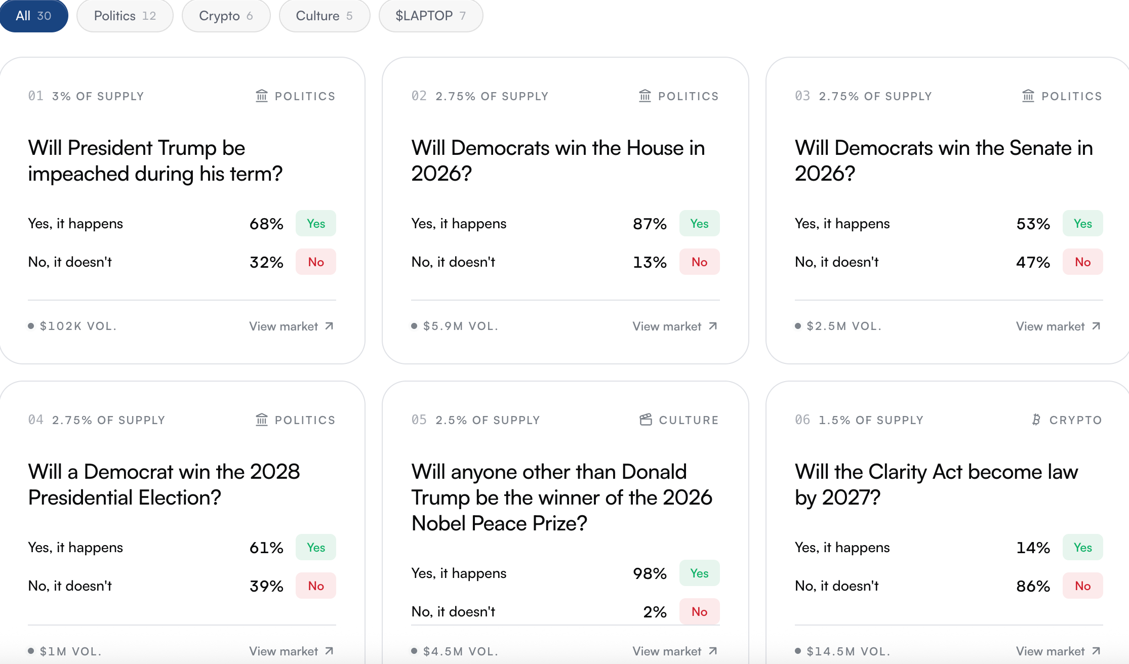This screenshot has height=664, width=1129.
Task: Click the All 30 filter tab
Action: pos(33,16)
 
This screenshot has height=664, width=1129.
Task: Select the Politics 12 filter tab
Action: pos(125,16)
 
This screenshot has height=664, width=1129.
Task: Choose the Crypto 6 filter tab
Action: pos(226,16)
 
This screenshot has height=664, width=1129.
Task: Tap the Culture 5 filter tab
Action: pos(325,16)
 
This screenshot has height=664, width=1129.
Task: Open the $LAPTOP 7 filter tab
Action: pos(431,16)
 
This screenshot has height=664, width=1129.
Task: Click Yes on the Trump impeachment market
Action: pos(316,223)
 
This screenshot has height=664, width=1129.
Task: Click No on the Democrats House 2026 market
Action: pos(699,262)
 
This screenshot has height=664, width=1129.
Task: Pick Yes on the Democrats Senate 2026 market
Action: pos(1082,223)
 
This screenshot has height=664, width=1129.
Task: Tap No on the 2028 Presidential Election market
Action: pos(316,586)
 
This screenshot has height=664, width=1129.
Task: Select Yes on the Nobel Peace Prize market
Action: pos(699,573)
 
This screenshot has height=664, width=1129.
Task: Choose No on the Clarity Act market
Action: pos(1082,586)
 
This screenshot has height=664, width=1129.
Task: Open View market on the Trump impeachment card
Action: pos(291,326)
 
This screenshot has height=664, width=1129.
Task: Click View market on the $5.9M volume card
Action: pos(675,326)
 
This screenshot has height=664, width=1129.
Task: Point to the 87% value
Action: pos(650,224)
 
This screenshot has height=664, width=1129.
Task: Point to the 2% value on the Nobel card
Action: pos(655,612)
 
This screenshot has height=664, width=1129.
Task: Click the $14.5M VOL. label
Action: pos(848,651)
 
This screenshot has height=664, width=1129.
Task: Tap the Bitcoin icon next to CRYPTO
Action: pos(1036,420)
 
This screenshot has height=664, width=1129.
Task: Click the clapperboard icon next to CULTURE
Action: pos(646,420)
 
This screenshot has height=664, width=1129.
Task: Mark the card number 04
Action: pos(35,420)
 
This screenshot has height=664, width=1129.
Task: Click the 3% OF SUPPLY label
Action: pos(98,96)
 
